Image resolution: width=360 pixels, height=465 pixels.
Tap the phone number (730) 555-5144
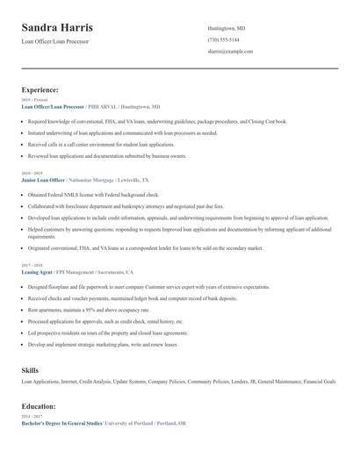click(x=223, y=39)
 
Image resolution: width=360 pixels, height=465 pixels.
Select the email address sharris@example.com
click(x=230, y=52)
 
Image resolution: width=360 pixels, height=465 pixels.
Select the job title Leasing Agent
click(x=37, y=272)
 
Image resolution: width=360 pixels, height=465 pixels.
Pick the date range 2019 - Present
click(x=34, y=100)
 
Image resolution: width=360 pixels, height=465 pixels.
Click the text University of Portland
click(x=128, y=424)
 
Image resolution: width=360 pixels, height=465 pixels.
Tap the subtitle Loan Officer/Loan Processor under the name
click(x=55, y=41)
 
